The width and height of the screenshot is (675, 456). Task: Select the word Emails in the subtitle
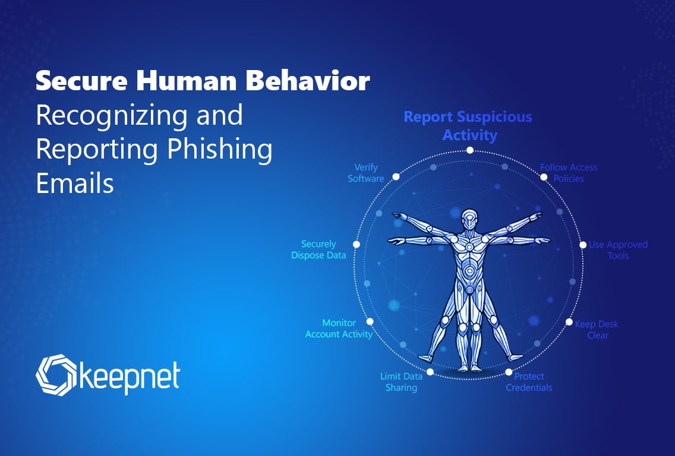(75, 183)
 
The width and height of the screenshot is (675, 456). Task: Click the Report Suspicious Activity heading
(468, 126)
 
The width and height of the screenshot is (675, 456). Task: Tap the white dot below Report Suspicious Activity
(470, 150)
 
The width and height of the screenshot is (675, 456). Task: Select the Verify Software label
(366, 173)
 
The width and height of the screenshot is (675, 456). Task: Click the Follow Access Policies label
(569, 173)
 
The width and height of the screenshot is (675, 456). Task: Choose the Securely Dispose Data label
(318, 249)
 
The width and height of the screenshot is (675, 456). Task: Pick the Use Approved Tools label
(618, 250)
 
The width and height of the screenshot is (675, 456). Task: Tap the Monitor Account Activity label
(339, 329)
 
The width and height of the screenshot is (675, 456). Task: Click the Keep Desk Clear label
(597, 330)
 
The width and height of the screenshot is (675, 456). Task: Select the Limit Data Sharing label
(401, 382)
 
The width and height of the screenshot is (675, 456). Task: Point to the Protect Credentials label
(529, 382)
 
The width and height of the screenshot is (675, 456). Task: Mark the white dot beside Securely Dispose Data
(357, 245)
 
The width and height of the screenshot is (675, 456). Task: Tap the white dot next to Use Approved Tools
(583, 245)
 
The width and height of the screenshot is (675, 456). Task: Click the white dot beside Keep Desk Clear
(569, 322)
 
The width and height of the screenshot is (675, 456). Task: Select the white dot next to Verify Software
(396, 177)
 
